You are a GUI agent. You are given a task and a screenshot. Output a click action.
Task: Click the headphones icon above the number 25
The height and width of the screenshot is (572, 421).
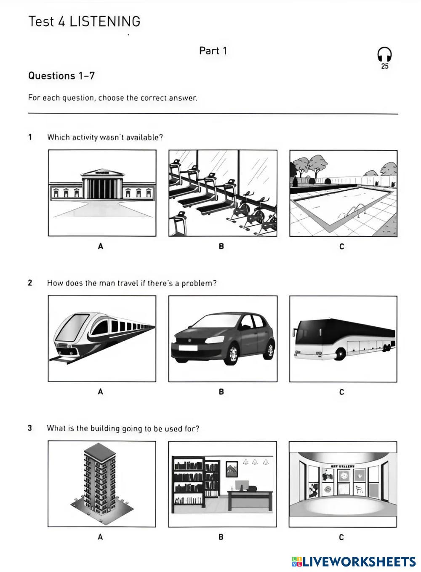point(384,54)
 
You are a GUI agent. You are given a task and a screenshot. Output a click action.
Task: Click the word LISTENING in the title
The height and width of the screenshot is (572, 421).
point(105,21)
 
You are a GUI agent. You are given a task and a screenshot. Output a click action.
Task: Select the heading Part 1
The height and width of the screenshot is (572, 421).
point(213,51)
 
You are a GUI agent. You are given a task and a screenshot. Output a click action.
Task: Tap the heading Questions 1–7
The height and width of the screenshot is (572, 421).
point(61,76)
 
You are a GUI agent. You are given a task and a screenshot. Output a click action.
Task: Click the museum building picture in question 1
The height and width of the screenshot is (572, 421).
point(102,193)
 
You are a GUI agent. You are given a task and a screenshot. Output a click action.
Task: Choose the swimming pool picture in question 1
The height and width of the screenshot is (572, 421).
point(343,193)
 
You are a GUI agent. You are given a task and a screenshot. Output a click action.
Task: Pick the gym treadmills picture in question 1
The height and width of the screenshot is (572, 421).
point(223,193)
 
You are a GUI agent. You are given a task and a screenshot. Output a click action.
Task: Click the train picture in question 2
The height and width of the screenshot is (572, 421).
point(102,338)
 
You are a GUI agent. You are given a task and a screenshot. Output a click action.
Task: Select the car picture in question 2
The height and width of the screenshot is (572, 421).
point(223,338)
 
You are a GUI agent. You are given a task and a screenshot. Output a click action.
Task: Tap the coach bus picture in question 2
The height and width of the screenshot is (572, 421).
point(343,338)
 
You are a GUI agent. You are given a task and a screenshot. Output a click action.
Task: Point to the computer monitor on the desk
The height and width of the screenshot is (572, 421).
point(242,485)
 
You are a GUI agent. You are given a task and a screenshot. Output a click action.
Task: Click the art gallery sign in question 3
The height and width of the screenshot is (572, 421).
point(343,467)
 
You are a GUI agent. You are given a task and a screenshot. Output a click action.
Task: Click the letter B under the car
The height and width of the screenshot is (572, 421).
point(221,392)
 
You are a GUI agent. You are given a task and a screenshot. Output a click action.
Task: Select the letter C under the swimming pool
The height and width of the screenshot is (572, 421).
point(342,246)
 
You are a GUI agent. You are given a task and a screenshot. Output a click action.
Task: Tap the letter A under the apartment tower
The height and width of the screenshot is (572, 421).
point(100,537)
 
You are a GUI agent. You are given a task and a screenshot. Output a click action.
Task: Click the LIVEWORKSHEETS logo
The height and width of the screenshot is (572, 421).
point(354,561)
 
